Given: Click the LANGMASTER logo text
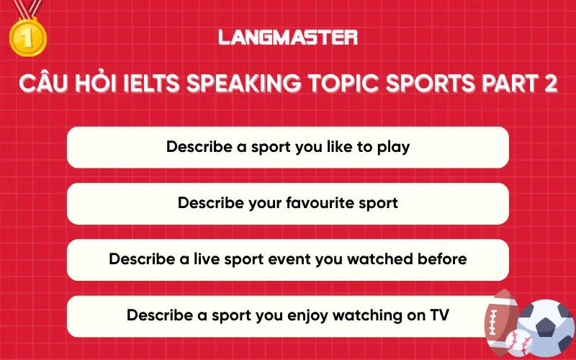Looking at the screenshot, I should pos(288,37).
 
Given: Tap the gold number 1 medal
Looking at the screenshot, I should pos(27,37).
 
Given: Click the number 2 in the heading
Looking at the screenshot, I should pos(549,84).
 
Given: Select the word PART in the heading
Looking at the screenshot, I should pos(507,84).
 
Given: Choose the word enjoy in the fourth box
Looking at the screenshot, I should pos(315,315).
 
